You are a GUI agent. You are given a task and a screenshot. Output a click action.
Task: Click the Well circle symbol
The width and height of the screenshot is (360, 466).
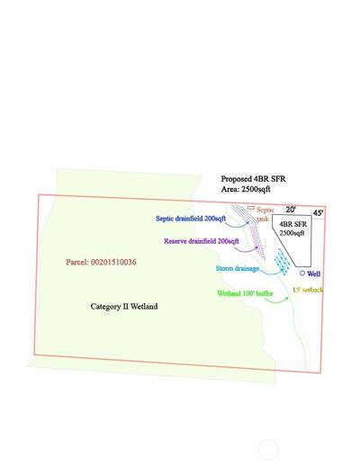coord(302,273)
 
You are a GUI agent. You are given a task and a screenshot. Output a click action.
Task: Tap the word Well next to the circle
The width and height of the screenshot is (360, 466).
coord(314,273)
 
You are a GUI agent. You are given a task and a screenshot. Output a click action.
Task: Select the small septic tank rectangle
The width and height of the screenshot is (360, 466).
coord(251,208)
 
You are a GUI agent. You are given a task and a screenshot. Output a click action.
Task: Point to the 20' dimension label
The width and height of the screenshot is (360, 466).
coord(290,210)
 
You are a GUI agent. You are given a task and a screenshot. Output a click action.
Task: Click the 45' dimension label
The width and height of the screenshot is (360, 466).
coord(318,213)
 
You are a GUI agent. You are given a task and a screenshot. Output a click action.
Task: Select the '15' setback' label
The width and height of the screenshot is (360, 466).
coord(308,290)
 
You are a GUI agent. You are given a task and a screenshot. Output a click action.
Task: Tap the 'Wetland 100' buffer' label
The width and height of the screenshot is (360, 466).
coord(245,293)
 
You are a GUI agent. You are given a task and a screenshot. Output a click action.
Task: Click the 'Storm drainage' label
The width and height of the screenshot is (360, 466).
coord(238,268)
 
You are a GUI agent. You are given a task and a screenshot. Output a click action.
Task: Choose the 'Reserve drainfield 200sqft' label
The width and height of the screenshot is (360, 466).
coord(202,241)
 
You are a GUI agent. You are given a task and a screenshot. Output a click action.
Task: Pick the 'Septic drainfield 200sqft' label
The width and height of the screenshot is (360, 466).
coord(191,219)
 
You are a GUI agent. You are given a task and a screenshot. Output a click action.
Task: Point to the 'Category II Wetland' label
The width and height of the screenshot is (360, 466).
coord(124,307)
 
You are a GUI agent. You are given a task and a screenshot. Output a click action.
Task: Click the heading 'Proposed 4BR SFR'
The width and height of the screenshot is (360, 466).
coord(253,179)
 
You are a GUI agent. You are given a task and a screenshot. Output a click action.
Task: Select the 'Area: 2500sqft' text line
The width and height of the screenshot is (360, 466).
coord(246,189)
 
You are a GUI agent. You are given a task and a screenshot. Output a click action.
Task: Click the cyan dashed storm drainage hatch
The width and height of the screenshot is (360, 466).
coord(282,262)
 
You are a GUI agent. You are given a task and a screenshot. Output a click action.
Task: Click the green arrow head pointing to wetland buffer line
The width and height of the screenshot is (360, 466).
coord(287,298)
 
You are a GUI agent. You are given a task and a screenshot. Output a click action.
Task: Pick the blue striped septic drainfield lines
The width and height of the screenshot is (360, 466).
coord(245,214)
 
